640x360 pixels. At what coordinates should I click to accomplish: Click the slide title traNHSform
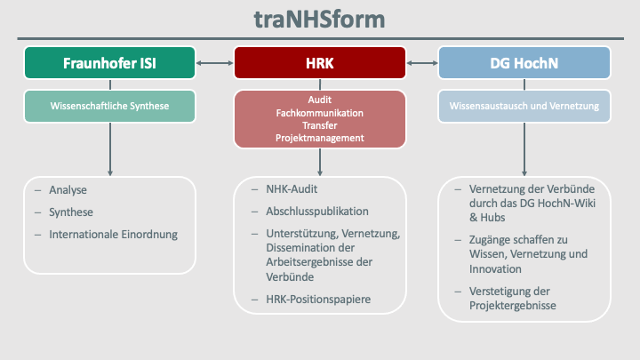[319, 19]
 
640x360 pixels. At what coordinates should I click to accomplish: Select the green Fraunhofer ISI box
[110, 63]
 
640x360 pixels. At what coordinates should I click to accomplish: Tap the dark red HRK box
[319, 63]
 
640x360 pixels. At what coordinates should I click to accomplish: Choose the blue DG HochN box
[524, 63]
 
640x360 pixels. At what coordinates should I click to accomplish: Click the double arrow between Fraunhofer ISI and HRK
[214, 63]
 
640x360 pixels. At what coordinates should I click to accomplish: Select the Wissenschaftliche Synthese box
[110, 106]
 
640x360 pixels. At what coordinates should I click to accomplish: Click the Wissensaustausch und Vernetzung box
[524, 106]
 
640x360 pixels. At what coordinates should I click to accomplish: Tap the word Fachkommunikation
[319, 113]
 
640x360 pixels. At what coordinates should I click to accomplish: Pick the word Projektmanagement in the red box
[319, 138]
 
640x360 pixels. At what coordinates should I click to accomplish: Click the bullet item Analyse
[68, 189]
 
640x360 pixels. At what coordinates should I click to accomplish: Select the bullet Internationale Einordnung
[114, 235]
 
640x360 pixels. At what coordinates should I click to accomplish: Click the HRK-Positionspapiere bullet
[317, 300]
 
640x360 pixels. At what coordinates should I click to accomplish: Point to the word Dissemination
[302, 248]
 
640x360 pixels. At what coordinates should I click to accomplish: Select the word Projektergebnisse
[512, 306]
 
